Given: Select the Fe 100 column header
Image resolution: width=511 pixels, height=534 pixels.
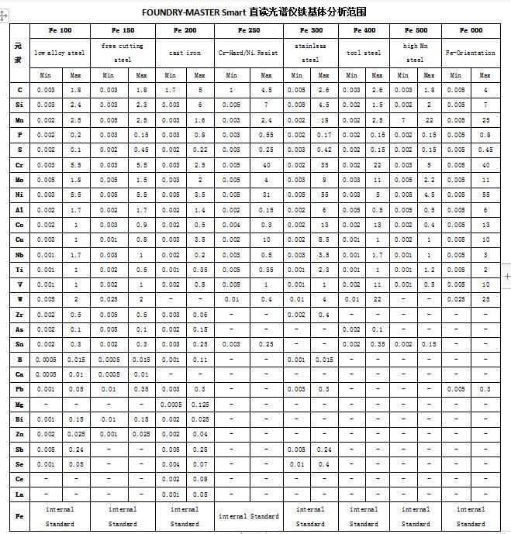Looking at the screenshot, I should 60,31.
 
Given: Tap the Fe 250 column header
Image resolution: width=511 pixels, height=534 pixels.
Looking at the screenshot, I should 249,31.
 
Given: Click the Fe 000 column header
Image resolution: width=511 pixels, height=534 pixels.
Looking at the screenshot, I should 471,31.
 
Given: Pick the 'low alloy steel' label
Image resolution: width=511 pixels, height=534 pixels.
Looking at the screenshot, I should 60,53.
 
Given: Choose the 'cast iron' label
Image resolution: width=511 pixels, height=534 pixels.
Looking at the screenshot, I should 185,53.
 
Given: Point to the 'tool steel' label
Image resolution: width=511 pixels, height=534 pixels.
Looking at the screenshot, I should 364,53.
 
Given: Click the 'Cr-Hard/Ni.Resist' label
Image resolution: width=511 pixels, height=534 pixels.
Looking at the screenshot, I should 249,53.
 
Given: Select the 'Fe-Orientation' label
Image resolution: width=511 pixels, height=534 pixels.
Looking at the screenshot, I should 471,53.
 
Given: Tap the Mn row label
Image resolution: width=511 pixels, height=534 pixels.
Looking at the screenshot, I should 19,120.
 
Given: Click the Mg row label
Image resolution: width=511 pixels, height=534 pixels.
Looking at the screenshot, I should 19,405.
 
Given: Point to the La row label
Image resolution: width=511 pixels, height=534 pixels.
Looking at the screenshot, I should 19,493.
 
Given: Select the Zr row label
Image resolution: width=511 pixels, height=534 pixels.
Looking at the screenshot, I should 19,315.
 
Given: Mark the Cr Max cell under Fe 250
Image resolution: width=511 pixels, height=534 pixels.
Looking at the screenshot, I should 266,165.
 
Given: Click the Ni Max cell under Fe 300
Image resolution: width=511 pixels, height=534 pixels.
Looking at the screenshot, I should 324,195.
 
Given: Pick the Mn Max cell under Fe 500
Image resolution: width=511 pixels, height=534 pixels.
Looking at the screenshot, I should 428,120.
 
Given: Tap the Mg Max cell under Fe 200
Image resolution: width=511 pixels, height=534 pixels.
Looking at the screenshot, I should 200,405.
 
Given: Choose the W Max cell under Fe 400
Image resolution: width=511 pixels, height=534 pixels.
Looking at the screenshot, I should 377,299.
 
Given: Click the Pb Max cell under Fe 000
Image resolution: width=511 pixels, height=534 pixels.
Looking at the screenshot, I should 485,389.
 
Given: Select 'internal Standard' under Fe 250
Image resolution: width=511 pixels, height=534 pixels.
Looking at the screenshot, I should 249,516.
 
